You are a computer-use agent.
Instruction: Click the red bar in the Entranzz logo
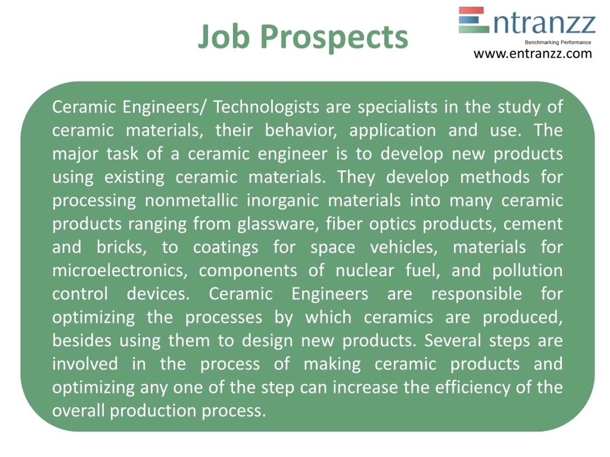click(471, 10)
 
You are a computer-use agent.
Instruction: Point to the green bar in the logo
click(474, 29)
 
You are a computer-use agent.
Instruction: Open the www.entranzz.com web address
click(533, 54)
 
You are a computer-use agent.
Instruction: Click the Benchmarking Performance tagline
click(558, 42)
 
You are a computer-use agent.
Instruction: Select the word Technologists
click(266, 107)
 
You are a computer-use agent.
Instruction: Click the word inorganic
click(283, 201)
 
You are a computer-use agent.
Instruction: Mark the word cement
click(533, 224)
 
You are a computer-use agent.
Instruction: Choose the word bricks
click(122, 247)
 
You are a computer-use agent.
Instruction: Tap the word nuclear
click(365, 270)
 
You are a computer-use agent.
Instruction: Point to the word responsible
click(477, 294)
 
